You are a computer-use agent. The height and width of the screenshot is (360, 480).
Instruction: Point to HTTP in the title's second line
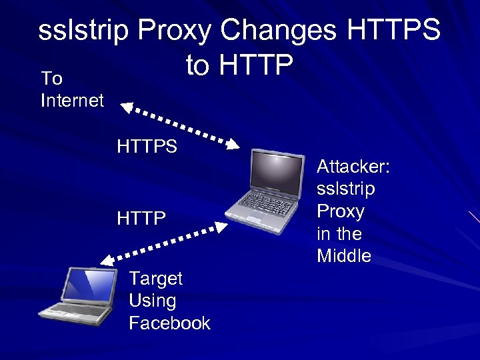tap(257, 65)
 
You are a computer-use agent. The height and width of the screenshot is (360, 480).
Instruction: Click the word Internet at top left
tap(72, 101)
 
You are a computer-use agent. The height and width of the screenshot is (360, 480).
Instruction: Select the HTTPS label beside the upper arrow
tap(147, 146)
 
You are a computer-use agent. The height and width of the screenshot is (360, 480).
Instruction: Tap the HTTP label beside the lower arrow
tap(141, 218)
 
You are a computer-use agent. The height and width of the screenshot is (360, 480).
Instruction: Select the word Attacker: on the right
tap(353, 166)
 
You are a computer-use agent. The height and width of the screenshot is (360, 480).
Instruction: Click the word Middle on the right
tap(344, 256)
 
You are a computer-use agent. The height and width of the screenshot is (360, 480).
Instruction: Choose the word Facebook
tap(169, 323)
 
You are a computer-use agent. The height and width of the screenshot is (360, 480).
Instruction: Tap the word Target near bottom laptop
tap(155, 278)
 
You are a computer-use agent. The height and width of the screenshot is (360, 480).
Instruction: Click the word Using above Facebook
tap(152, 301)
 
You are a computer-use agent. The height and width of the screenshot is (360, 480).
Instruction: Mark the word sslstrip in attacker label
tap(345, 189)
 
